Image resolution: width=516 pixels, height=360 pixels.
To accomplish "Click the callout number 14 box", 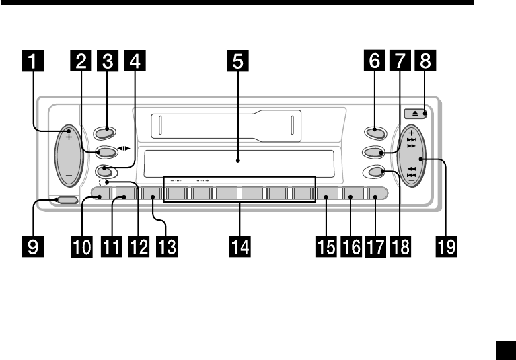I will click(238, 247).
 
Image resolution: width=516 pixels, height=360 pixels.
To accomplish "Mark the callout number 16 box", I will click(351, 247).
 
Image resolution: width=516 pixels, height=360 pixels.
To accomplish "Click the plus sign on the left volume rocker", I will click(69, 136).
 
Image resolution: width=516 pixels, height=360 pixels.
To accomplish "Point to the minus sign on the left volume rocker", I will click(69, 176).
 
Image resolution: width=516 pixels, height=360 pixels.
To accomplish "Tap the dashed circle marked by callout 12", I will click(102, 182).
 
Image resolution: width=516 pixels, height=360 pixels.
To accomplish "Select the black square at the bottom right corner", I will click(505, 350).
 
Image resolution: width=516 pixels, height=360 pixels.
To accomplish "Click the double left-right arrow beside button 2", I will click(123, 151).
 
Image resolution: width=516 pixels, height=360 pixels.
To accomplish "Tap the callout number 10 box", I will click(81, 247).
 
